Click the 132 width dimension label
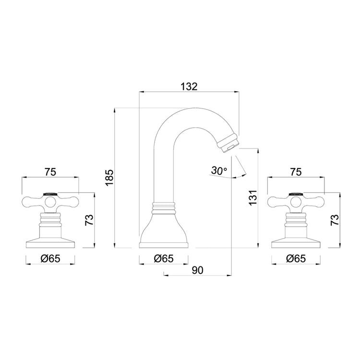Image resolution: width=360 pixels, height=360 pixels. pyautogui.click(x=189, y=86)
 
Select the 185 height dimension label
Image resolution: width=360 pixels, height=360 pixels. pyautogui.click(x=109, y=178)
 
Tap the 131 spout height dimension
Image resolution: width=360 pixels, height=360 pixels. pyautogui.click(x=254, y=197)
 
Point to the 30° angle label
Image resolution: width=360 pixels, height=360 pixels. pyautogui.click(x=218, y=170)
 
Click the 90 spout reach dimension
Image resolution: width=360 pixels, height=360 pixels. pyautogui.click(x=197, y=270)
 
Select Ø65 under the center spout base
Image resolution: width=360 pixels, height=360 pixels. pyautogui.click(x=164, y=258)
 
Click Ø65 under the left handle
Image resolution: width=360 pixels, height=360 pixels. pyautogui.click(x=50, y=258)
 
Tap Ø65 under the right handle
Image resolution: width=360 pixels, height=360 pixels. pyautogui.click(x=296, y=258)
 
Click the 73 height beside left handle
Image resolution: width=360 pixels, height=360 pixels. pyautogui.click(x=89, y=220)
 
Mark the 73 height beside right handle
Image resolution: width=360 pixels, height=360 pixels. pyautogui.click(x=335, y=220)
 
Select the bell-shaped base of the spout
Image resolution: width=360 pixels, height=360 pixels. pyautogui.click(x=164, y=230)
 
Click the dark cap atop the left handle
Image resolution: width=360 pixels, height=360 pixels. pyautogui.click(x=51, y=193)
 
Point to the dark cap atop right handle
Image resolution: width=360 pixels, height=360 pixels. pyautogui.click(x=296, y=193)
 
